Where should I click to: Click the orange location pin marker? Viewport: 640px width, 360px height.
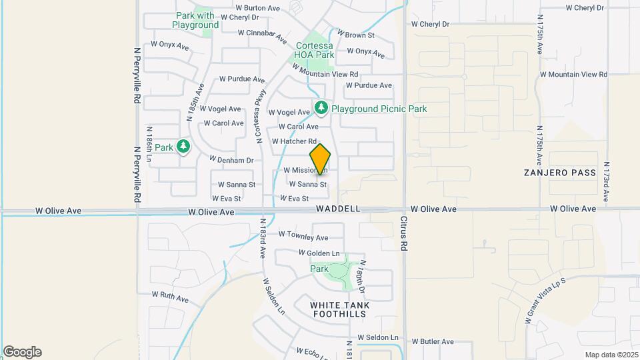tap(321, 159)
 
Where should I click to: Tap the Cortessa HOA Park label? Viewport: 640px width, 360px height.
tap(315, 50)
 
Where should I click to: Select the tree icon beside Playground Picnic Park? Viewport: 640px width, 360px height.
tap(321, 108)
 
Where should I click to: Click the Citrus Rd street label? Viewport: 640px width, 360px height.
tap(404, 233)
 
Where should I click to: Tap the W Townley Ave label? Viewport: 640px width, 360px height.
tap(303, 236)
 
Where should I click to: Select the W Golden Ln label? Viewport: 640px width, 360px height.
tap(319, 253)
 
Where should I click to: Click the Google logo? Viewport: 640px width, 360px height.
tap(22, 352)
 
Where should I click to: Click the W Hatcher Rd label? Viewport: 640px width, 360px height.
tap(294, 141)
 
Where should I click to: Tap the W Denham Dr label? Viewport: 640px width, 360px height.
tap(231, 160)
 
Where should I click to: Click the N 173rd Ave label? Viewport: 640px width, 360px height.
tap(606, 181)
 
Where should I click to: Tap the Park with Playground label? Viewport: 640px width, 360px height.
tap(195, 20)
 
